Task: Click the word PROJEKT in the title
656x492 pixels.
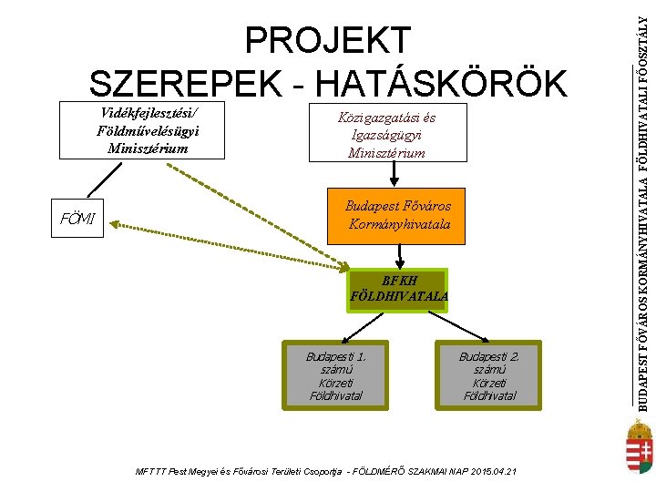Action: [328, 41]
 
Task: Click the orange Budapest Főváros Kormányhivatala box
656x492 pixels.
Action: [398, 215]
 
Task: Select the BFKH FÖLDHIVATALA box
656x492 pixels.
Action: [398, 288]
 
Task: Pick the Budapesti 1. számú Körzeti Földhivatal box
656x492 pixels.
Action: [335, 374]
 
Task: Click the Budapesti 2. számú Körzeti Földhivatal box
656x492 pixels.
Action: [488, 374]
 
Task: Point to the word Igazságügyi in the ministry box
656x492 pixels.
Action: [387, 135]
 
